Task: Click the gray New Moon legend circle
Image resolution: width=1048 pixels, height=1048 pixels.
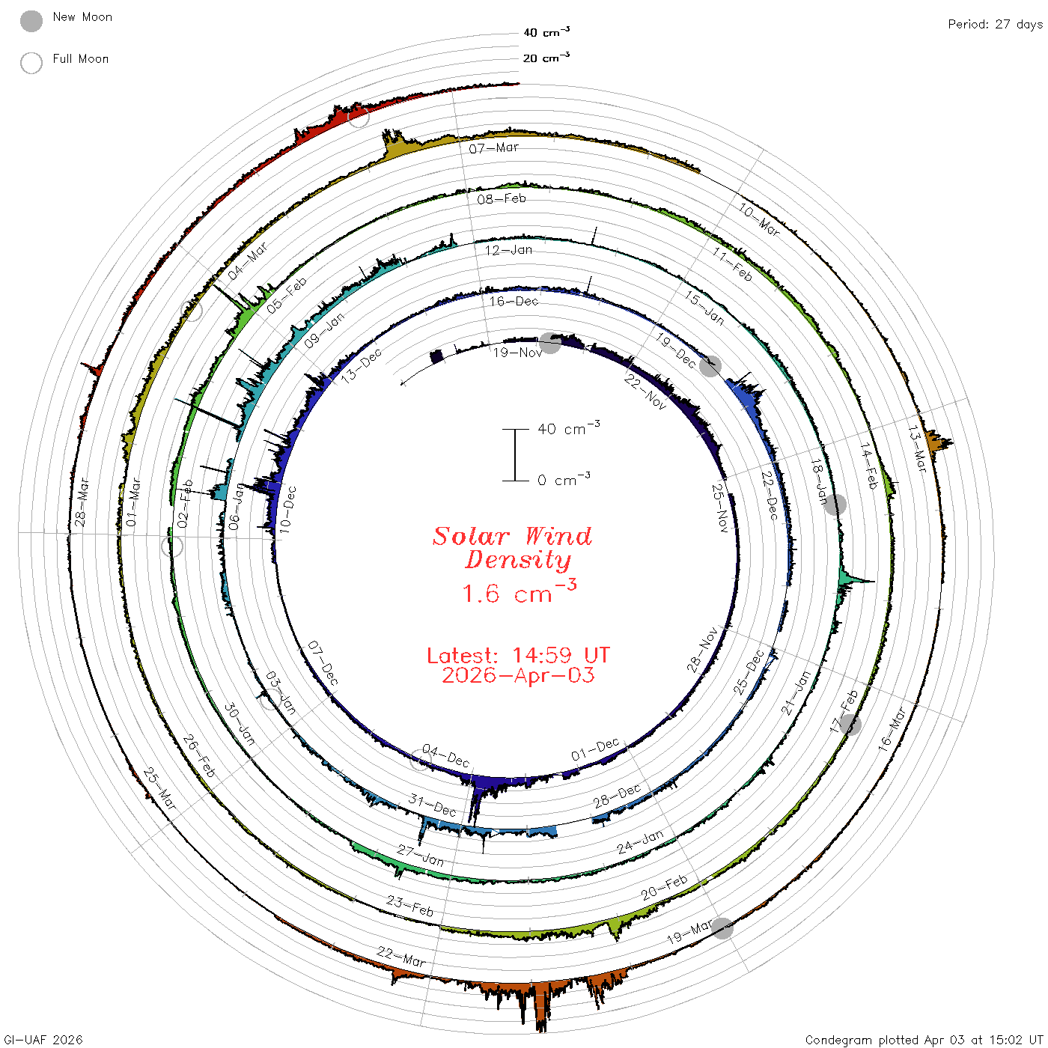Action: click(x=31, y=21)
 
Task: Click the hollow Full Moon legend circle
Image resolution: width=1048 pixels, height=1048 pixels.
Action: click(x=31, y=63)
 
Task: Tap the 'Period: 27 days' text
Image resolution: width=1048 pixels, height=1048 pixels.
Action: click(x=995, y=25)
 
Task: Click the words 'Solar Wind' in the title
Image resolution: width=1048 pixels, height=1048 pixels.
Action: click(x=512, y=536)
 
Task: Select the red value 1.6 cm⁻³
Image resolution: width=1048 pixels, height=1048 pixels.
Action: click(x=519, y=591)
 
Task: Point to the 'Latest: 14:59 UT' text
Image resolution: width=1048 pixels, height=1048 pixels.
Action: click(x=518, y=655)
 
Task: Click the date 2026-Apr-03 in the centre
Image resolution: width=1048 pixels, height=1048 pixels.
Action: click(x=518, y=675)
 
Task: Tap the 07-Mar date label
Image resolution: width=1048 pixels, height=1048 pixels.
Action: click(x=493, y=148)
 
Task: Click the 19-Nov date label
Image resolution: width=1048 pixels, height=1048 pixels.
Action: click(x=517, y=353)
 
